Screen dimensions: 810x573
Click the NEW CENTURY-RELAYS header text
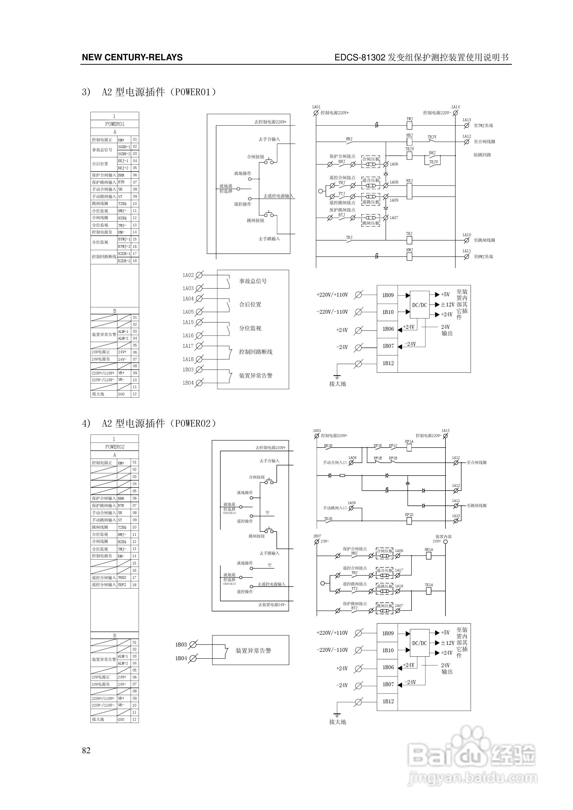(x=132, y=57)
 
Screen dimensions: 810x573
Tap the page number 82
(x=86, y=750)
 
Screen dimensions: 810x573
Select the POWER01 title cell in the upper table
(x=115, y=124)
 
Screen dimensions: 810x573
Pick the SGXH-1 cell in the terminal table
(x=124, y=147)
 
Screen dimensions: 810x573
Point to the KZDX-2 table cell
(x=124, y=261)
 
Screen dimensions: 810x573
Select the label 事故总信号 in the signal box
(x=253, y=281)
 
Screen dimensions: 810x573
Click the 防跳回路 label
(x=482, y=155)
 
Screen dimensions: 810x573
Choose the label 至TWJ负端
(x=483, y=126)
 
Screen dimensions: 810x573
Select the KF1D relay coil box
(x=409, y=521)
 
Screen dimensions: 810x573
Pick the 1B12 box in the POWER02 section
(x=388, y=701)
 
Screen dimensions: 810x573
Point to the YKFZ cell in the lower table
(x=122, y=585)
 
